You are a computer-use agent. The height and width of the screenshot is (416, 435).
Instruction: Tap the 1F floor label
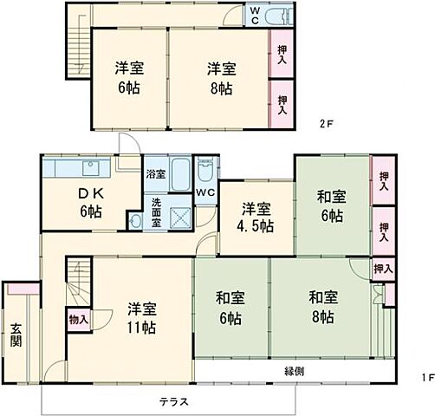(416, 379)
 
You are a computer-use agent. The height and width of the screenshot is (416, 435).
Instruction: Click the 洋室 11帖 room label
(141, 317)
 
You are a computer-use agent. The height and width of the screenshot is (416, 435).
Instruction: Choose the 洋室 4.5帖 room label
(256, 217)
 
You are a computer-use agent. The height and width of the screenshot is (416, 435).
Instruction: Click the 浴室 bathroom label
(155, 173)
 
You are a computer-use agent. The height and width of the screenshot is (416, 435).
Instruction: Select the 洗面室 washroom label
(156, 212)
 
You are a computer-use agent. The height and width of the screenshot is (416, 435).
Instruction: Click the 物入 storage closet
(78, 320)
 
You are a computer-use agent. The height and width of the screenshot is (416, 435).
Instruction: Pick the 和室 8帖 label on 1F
(321, 307)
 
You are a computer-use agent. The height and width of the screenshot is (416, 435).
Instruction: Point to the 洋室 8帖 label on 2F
(219, 79)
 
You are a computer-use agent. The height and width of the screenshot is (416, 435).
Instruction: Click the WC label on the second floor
(256, 15)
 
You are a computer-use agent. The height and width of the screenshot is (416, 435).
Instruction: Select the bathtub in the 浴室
(181, 178)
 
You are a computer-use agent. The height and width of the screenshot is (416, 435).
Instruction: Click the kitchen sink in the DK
(88, 166)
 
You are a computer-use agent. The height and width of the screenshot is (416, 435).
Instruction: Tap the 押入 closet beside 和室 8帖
(382, 270)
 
